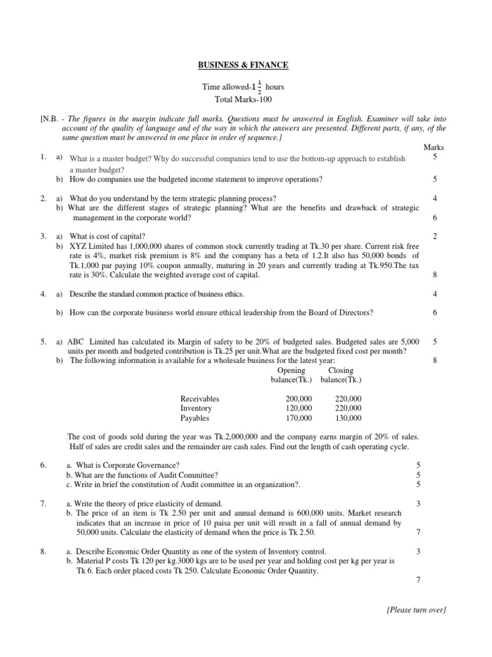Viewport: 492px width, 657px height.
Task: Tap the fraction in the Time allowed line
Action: point(259,87)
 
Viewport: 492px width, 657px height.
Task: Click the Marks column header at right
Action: point(434,148)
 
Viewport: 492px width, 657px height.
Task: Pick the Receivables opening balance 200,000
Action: point(299,398)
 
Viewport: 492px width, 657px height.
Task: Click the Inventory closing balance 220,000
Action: point(348,408)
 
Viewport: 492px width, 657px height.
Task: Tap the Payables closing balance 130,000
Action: point(348,418)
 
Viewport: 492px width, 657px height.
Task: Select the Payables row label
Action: point(195,418)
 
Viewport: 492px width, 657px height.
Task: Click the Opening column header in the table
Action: point(291,371)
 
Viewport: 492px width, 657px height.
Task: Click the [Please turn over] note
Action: point(416,610)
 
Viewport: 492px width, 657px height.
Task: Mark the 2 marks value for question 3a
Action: point(435,237)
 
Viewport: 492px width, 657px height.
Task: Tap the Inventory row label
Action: point(196,408)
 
